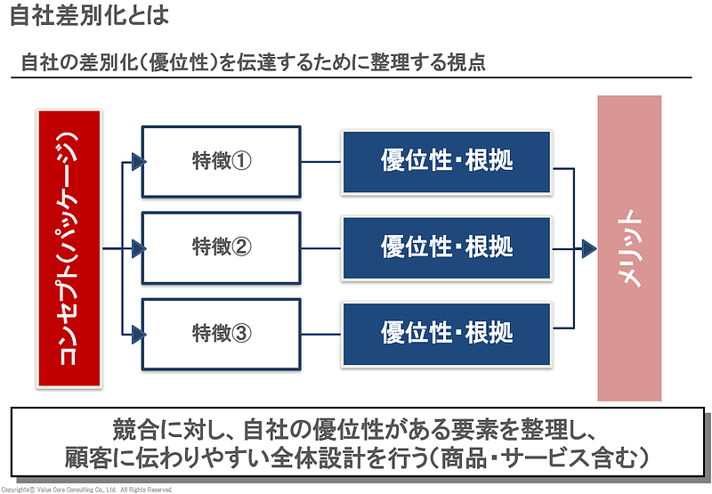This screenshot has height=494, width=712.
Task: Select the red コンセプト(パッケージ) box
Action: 70,249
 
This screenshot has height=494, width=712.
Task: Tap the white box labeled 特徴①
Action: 222,161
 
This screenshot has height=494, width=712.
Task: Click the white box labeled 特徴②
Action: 222,247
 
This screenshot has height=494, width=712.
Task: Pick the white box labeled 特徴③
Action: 222,333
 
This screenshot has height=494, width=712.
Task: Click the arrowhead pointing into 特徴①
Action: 137,161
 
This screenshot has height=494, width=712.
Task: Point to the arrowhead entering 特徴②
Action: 137,248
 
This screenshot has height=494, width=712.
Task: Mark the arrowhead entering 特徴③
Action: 137,335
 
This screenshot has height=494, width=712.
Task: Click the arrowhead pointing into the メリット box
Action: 588,248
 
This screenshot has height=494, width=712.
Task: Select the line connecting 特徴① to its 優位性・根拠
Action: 321,162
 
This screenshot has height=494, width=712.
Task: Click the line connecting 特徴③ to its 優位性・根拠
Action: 321,335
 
